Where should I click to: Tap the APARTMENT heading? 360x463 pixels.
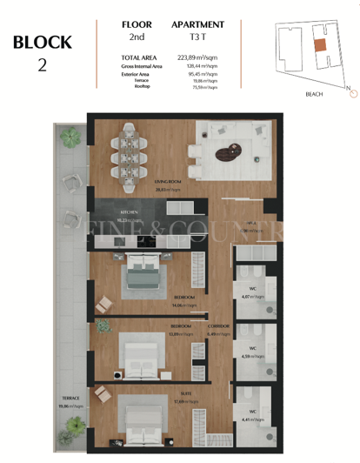coord(197,25)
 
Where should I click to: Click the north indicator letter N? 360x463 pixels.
coord(348,88)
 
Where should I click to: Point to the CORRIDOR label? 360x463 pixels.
coord(219,326)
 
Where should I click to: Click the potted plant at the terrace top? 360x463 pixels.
coord(69,136)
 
